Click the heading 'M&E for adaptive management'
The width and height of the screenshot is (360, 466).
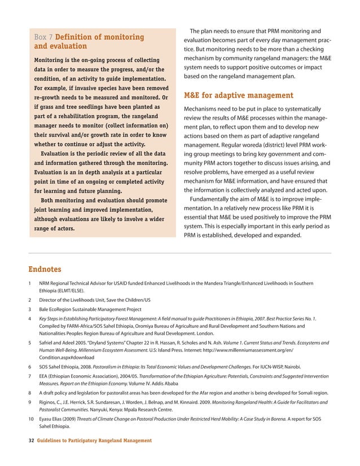tap(239, 95)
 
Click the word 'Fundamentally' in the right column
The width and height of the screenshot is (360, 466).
tap(216, 200)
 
